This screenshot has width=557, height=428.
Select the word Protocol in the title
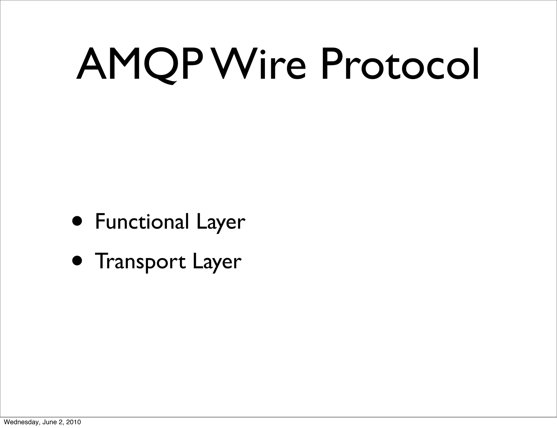click(400, 64)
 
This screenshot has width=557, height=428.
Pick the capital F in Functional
click(100, 222)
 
